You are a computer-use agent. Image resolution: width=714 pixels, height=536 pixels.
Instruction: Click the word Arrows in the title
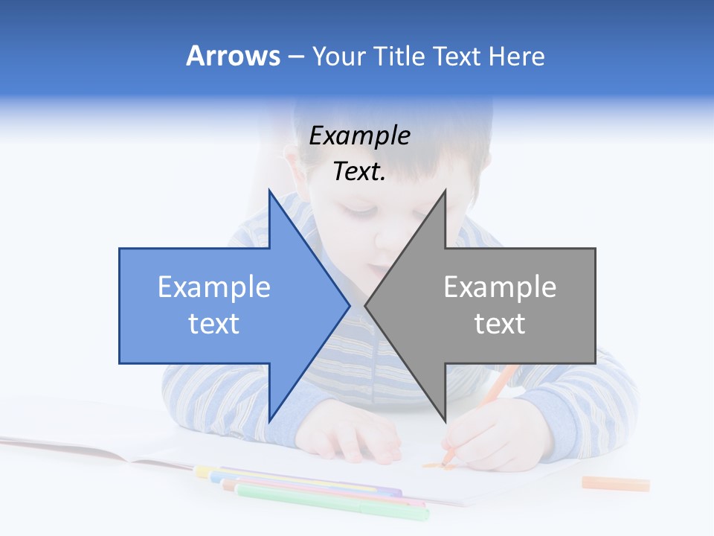pyautogui.click(x=233, y=56)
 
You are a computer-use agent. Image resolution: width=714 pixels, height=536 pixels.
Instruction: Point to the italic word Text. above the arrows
pyautogui.click(x=359, y=172)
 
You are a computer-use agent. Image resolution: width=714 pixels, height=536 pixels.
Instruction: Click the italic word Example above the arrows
pyautogui.click(x=359, y=136)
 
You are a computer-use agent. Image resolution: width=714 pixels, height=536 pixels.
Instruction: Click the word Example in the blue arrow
pyautogui.click(x=213, y=287)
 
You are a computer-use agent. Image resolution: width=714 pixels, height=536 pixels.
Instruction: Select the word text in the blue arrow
pyautogui.click(x=213, y=324)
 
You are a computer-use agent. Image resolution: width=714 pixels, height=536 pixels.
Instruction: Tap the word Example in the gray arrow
pyautogui.click(x=500, y=287)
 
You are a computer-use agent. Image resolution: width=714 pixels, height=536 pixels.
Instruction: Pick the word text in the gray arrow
pyautogui.click(x=500, y=324)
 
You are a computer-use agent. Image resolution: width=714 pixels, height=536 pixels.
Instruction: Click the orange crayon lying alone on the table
pyautogui.click(x=615, y=484)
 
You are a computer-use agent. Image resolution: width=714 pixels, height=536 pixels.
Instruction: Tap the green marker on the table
pyautogui.click(x=335, y=504)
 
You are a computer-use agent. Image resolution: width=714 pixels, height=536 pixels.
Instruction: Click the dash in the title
pyautogui.click(x=295, y=57)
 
